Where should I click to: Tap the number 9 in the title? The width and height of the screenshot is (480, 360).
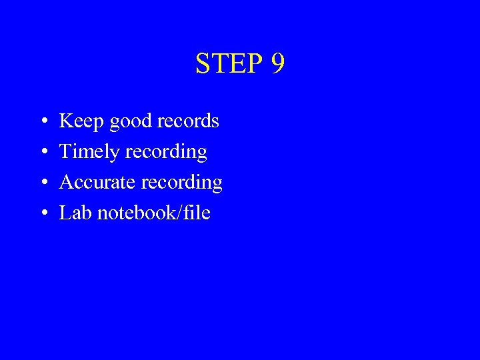pos(278,63)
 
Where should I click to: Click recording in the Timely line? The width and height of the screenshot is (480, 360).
pos(166,153)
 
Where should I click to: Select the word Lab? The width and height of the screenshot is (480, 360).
pos(75,213)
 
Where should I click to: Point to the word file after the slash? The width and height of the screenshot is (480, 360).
pos(197,213)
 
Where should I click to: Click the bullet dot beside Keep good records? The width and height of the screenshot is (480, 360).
pos(43,122)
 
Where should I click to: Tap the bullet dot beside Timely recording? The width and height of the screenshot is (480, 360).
pos(43,153)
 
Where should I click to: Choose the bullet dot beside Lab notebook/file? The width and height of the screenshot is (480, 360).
pos(43,214)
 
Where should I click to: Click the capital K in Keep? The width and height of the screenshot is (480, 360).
pos(66,121)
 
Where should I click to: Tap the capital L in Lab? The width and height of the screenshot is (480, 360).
pos(65,213)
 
